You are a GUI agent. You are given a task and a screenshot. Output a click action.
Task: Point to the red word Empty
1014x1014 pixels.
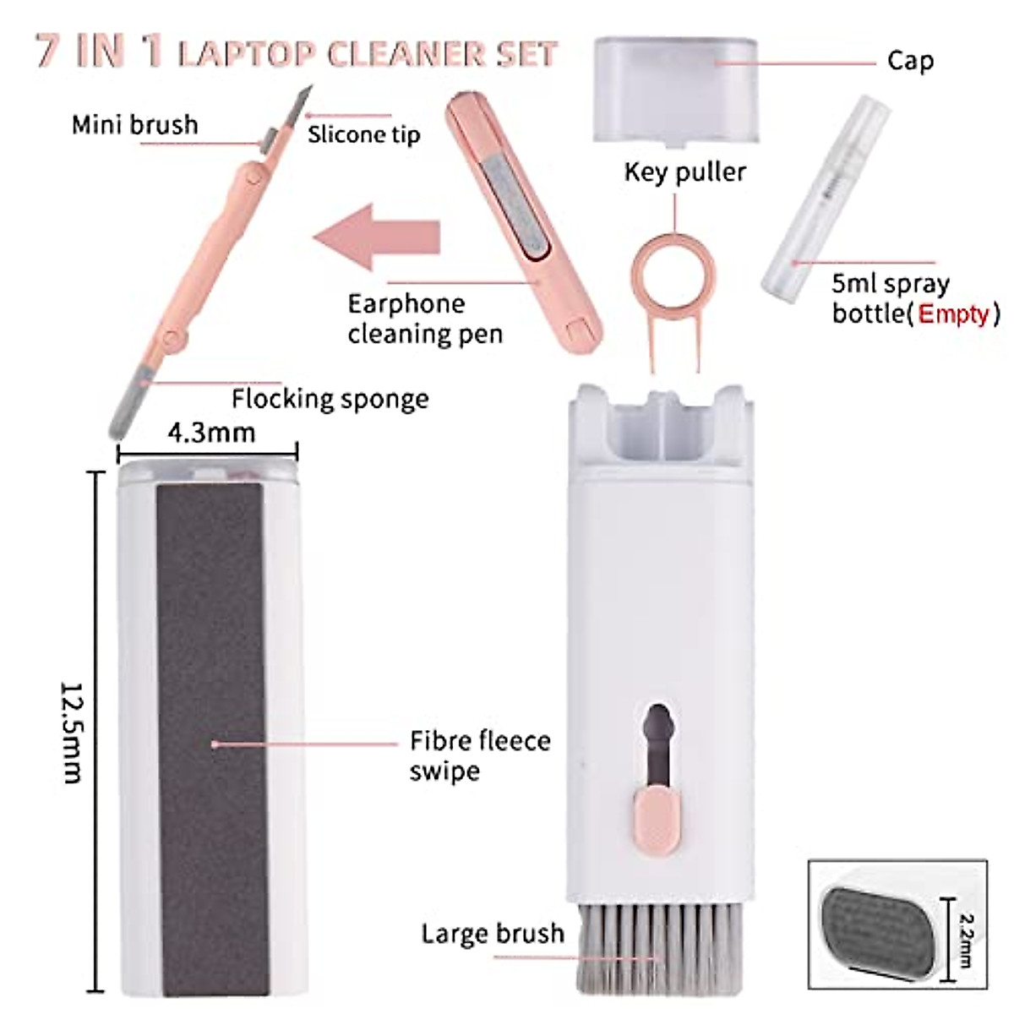click(953, 313)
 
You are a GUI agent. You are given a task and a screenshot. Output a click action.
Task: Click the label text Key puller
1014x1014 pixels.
click(684, 172)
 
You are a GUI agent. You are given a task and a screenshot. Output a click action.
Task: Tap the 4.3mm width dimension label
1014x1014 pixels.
click(211, 433)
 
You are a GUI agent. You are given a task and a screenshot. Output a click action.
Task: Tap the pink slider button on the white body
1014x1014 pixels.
click(656, 816)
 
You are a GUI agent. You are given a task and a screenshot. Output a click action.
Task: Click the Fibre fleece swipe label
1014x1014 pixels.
click(479, 755)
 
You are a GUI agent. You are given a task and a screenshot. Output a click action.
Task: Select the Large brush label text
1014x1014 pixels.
click(493, 933)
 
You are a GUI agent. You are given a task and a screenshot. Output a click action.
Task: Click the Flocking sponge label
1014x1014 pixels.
click(330, 398)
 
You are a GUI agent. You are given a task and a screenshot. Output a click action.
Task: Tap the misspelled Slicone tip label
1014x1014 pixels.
click(363, 134)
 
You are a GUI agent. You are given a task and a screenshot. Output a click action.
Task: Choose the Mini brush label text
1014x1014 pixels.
click(134, 125)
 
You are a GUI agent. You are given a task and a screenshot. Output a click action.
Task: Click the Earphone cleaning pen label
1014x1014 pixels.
click(425, 319)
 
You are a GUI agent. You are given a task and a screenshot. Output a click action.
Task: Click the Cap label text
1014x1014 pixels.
click(910, 61)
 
